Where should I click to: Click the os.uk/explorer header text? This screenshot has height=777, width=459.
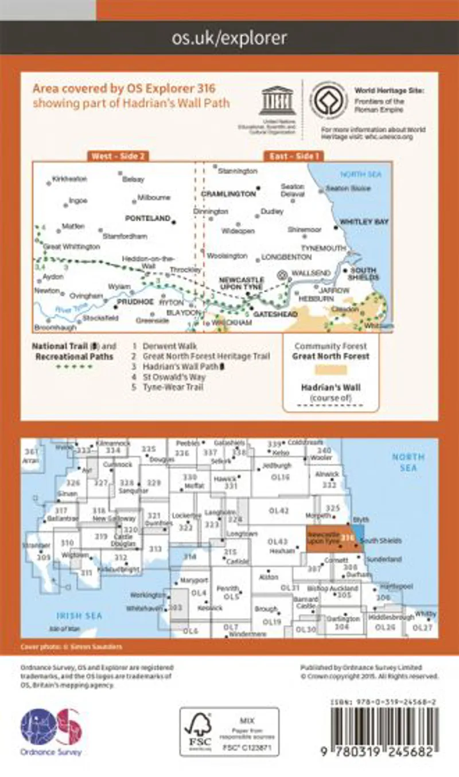(x=229, y=38)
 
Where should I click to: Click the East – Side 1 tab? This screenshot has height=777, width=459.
(x=294, y=155)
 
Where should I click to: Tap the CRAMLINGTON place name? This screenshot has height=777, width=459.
(x=228, y=194)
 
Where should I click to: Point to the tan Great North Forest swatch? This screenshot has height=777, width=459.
(x=331, y=372)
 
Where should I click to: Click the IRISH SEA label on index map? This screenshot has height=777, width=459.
(x=79, y=616)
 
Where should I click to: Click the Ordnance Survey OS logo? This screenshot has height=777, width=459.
(x=51, y=728)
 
